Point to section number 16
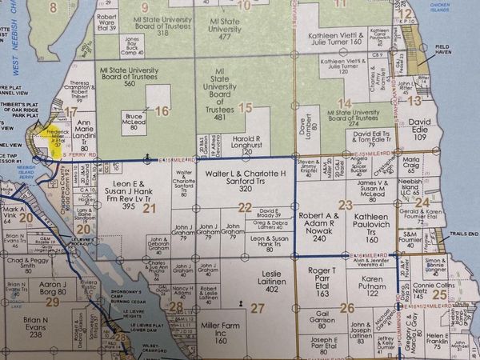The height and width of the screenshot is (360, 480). pyautogui.click(x=162, y=111)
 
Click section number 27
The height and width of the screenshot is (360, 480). pyautogui.click(x=257, y=307)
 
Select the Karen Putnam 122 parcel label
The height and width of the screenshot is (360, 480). pyautogui.click(x=366, y=287)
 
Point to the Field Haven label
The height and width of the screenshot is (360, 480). pyautogui.click(x=444, y=70)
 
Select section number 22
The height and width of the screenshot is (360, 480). pyautogui.click(x=245, y=207)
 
